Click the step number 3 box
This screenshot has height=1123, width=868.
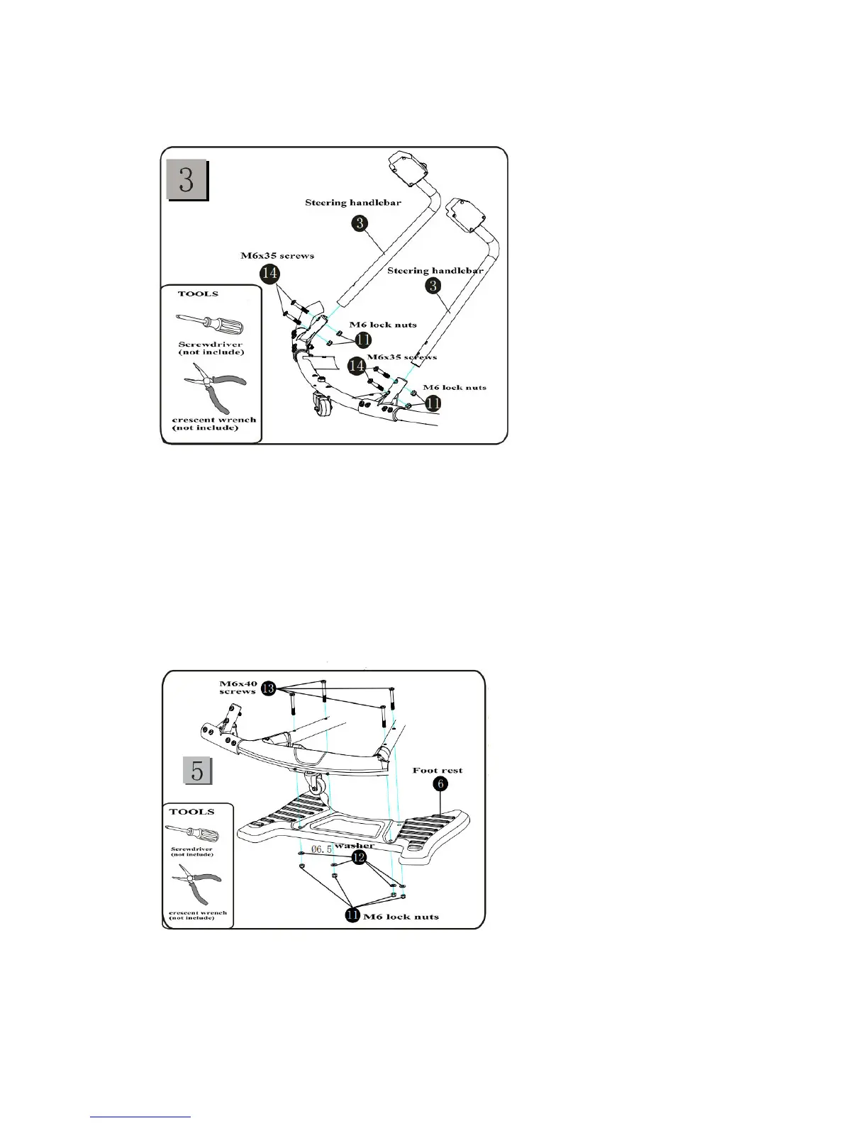[x=187, y=179]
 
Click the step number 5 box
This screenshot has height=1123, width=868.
[x=197, y=770]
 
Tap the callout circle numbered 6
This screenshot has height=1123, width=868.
[x=440, y=784]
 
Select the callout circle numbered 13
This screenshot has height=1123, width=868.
[x=268, y=688]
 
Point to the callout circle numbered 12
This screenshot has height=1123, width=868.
[x=359, y=859]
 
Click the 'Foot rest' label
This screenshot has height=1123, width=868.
[x=437, y=770]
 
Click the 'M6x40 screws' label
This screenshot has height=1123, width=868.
[x=238, y=688]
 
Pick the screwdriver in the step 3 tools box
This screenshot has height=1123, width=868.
[x=209, y=325]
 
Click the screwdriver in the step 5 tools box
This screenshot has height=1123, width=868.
[x=192, y=834]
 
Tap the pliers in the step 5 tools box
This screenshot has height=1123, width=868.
[x=196, y=886]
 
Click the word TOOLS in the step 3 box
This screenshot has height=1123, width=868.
[x=198, y=294]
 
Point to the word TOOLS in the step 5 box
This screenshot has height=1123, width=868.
[x=191, y=812]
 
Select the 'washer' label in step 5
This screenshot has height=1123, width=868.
[x=354, y=846]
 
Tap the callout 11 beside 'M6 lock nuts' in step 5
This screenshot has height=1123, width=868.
[x=352, y=915]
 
